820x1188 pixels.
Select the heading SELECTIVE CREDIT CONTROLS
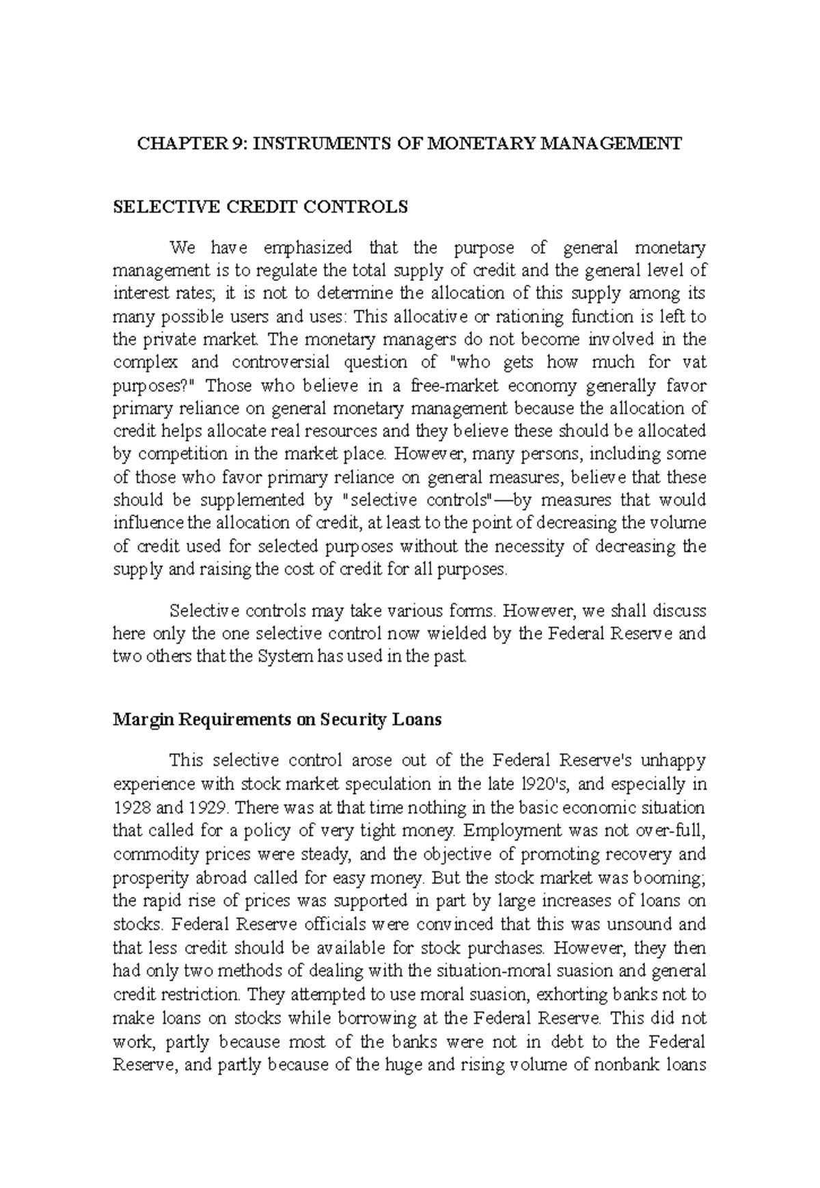(x=260, y=206)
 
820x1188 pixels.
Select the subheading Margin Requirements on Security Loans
(x=277, y=720)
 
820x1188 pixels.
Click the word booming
(x=672, y=877)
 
